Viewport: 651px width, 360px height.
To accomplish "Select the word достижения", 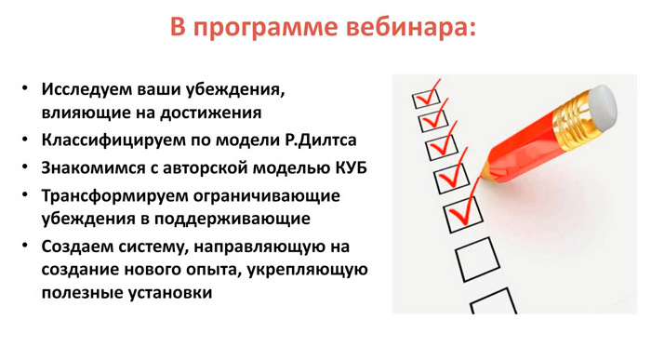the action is pyautogui.click(x=210, y=113).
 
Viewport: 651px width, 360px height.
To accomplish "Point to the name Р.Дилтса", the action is pyautogui.click(x=321, y=140).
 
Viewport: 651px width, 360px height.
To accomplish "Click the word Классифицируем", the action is pyautogui.click(x=113, y=140).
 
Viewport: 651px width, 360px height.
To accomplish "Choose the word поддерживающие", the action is pyautogui.click(x=232, y=219).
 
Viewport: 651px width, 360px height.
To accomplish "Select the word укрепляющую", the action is pyautogui.click(x=307, y=270).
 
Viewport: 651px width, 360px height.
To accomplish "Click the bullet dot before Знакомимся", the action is pyautogui.click(x=25, y=167).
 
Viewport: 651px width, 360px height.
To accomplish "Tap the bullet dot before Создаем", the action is pyautogui.click(x=25, y=246).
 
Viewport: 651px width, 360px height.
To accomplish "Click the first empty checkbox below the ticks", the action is pyautogui.click(x=477, y=260).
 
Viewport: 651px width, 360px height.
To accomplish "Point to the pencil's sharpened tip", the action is pyautogui.click(x=481, y=177).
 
